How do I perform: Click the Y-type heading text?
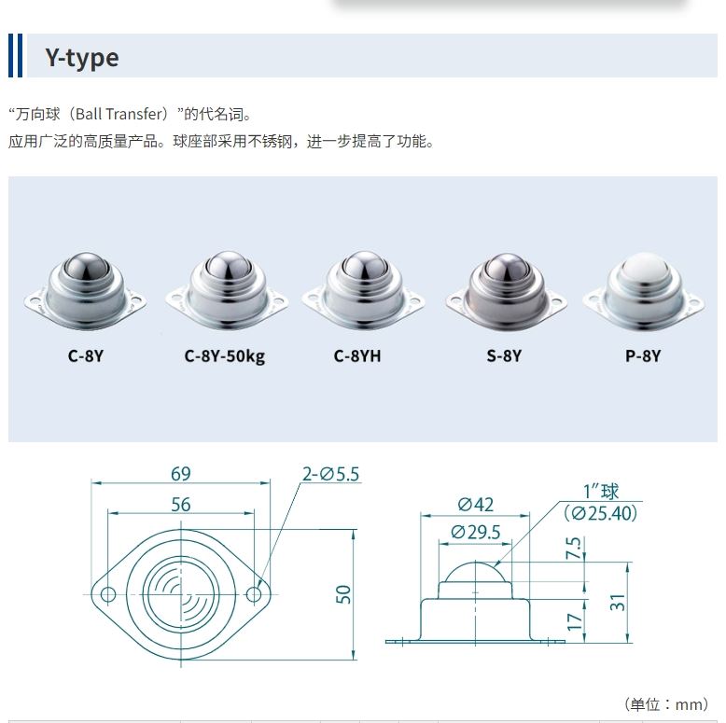[x=82, y=58]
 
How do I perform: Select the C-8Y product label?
[x=85, y=355]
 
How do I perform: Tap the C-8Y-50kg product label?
[x=224, y=355]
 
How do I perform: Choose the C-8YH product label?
[x=357, y=355]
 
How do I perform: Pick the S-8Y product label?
[x=503, y=355]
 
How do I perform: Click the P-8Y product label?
[x=642, y=355]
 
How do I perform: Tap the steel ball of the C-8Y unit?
[x=85, y=271]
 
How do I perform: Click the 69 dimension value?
[x=181, y=474]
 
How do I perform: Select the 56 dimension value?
[x=181, y=505]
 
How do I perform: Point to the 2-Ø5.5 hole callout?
[x=330, y=475]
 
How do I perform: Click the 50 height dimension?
[x=343, y=594]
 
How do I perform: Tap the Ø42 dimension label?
[x=475, y=505]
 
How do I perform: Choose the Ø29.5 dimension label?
[x=476, y=532]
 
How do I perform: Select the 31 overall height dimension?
[x=618, y=603]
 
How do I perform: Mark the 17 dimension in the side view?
[x=575, y=619]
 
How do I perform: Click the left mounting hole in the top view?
[x=109, y=594]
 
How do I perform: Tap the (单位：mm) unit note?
[x=665, y=704]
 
